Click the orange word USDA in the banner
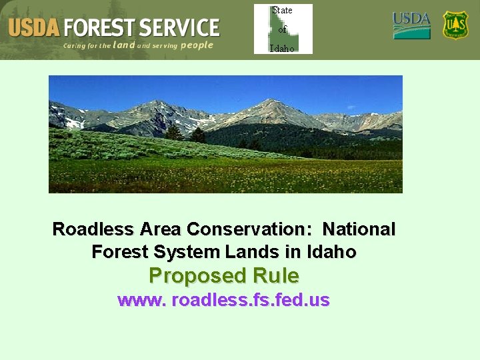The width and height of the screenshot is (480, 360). (x=34, y=28)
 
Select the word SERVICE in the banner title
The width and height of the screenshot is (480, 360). (x=178, y=28)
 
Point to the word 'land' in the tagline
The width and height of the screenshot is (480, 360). (x=124, y=45)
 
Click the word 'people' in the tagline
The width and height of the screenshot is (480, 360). (x=197, y=45)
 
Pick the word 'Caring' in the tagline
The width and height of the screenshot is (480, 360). (x=75, y=46)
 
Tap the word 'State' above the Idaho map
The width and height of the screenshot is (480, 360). (x=283, y=10)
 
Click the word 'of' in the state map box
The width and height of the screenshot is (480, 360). (x=283, y=29)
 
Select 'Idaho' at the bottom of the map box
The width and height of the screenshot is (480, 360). (x=283, y=49)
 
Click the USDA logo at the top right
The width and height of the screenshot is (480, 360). (x=411, y=26)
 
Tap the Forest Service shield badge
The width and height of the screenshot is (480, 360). (x=456, y=25)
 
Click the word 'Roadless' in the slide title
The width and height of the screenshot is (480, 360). (x=94, y=229)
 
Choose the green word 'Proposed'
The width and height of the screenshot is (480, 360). (x=196, y=275)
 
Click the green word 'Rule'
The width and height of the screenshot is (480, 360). (x=274, y=275)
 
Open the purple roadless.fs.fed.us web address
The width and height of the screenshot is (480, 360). (x=223, y=300)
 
